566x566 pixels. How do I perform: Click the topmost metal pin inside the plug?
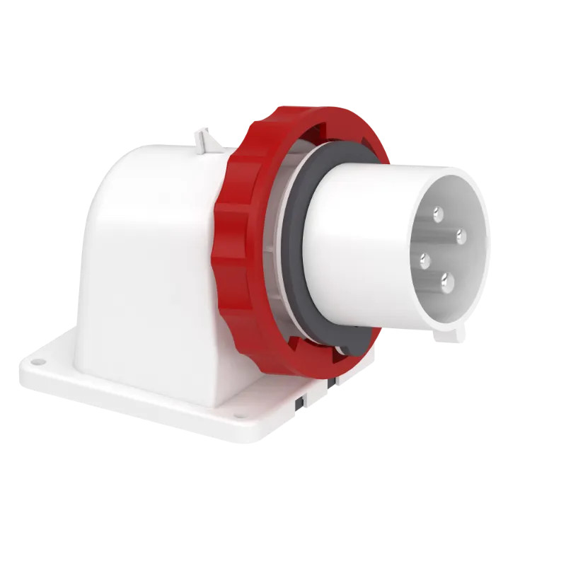pos(438,212)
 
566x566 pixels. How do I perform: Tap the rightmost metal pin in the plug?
pos(461,236)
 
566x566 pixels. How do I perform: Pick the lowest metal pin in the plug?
pos(447,283)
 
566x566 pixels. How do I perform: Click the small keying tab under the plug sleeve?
pos(450,332)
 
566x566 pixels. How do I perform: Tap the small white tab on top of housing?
pos(204,137)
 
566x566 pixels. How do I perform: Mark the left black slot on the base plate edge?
pos(299,402)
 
